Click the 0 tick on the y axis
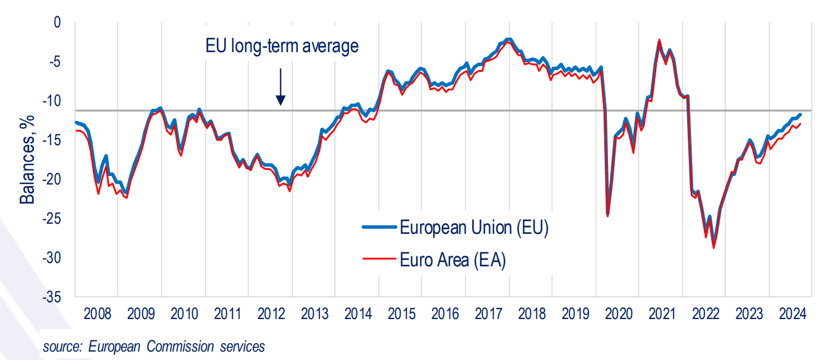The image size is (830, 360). (x=56, y=23)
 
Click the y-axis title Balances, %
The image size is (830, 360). (x=27, y=159)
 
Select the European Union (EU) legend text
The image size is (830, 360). (x=473, y=228)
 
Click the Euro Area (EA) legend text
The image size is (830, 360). (x=453, y=260)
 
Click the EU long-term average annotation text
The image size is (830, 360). (x=280, y=47)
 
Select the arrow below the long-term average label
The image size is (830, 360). (x=281, y=87)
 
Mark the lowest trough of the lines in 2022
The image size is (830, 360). (x=713, y=247)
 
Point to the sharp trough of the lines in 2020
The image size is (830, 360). (x=608, y=215)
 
